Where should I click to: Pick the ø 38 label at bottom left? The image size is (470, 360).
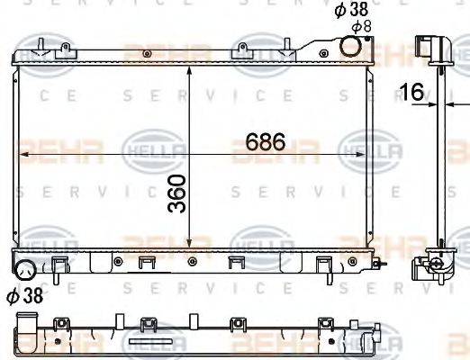[26, 295]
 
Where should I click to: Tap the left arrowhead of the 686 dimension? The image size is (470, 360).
[24, 156]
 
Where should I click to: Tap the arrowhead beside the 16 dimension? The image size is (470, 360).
[429, 103]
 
